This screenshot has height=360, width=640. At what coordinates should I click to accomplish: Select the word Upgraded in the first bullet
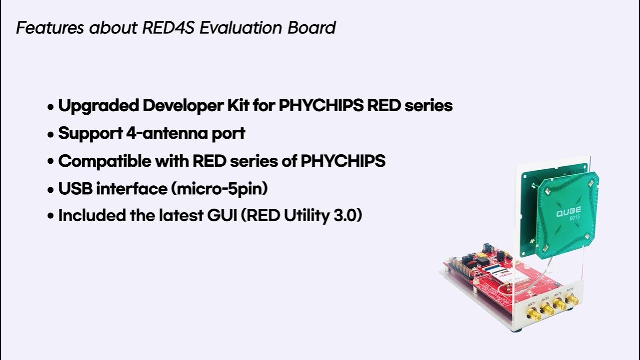tap(98, 106)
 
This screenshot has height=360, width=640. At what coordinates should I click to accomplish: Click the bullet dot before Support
tap(50, 135)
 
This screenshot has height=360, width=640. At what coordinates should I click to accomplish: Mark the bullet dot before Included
tap(50, 217)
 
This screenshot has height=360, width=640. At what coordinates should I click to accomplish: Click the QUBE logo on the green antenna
tap(568, 213)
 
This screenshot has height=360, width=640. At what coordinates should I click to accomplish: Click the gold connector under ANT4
tap(573, 300)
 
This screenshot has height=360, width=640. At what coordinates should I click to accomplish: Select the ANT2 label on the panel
tap(545, 299)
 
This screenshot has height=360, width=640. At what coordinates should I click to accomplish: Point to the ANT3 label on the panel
tap(558, 294)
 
